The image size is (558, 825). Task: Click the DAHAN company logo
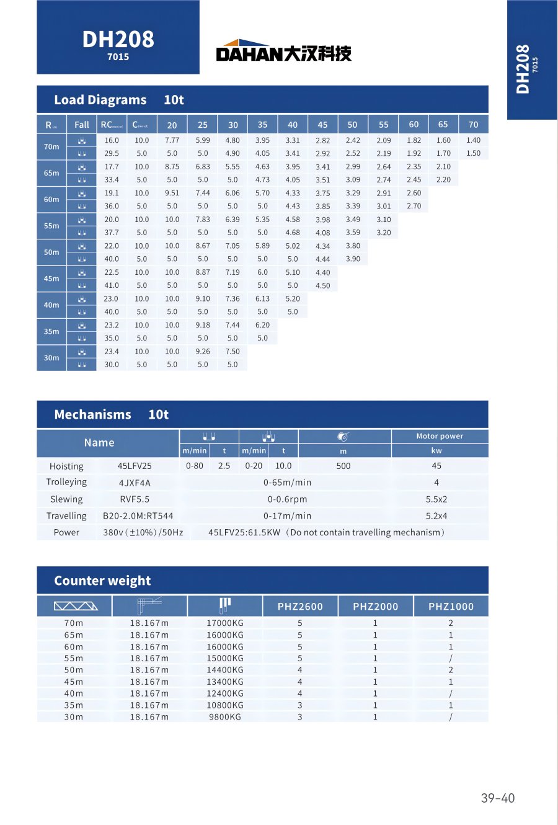point(283,51)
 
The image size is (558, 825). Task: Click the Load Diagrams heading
point(100,100)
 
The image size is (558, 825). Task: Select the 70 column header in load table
point(473,125)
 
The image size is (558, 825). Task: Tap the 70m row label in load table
point(51,147)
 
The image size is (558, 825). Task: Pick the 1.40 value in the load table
point(473,140)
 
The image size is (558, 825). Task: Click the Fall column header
point(82,125)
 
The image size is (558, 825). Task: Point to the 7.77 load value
point(172,140)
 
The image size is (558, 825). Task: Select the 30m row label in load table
point(51,358)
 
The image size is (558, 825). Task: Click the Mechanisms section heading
point(93,414)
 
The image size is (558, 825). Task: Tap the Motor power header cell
point(440,436)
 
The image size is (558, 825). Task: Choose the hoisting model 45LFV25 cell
point(135,466)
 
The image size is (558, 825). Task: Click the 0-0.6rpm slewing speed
point(287,499)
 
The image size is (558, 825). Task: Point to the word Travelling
point(66,516)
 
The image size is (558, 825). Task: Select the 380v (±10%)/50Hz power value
point(143,532)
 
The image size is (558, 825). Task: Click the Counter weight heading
point(103,581)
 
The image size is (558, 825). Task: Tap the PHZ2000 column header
point(376,607)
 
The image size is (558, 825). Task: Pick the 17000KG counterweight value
point(225,623)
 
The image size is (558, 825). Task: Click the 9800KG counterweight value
point(225,717)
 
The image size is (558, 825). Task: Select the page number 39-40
point(498,798)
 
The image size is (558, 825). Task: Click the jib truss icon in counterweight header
point(75,606)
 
